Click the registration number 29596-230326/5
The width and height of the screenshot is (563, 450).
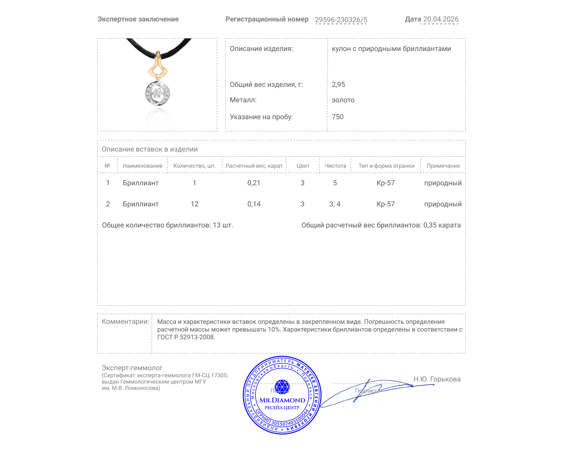coord(341,20)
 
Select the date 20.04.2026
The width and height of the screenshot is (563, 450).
coord(441,19)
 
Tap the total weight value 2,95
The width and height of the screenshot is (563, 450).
coord(338,84)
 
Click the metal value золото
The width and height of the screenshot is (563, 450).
coord(343,100)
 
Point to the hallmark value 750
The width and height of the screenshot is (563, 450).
coord(337,117)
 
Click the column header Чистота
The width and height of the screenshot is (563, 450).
coord(335,166)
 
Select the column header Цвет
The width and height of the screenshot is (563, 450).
coord(303,166)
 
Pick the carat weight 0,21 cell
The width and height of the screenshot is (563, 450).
coord(254,183)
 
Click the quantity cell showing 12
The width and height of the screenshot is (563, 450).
coord(194,204)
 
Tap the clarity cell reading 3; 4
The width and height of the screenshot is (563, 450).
coord(335,204)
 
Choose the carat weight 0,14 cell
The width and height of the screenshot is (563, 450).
coord(254,204)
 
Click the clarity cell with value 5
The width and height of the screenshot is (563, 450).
coord(335,183)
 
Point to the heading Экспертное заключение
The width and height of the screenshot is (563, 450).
coord(138,19)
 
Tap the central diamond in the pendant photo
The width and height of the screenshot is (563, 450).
coord(157,93)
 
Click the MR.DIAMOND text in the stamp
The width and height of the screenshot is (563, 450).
coord(282,400)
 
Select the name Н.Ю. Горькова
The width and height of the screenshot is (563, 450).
coord(437,379)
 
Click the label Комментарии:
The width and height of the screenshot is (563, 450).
coord(125,321)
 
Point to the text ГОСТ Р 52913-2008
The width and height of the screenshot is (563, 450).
coord(186,337)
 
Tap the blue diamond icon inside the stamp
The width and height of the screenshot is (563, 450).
coord(282,386)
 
